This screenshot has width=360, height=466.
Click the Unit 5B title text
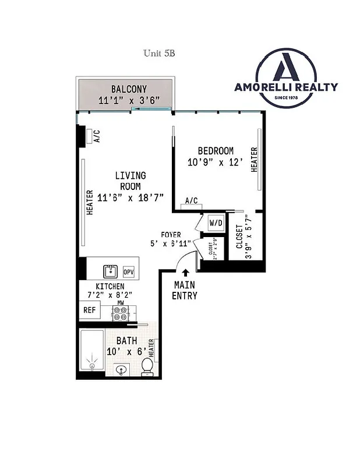click(x=159, y=53)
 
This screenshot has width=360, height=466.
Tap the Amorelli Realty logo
click(x=285, y=78)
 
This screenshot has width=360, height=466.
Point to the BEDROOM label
click(x=215, y=151)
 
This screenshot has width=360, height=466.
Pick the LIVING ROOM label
click(x=130, y=181)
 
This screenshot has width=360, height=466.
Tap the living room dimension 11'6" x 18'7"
click(x=130, y=197)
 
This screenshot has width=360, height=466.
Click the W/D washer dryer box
click(x=216, y=223)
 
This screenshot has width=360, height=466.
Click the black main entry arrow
click(x=186, y=272)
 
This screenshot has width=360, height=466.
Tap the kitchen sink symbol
click(x=110, y=271)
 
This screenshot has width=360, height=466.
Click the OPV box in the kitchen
click(x=129, y=272)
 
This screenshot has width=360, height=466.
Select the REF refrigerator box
click(x=89, y=310)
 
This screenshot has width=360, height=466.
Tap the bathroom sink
click(x=122, y=369)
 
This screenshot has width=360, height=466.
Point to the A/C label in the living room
click(x=97, y=136)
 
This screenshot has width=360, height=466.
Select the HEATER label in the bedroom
click(x=254, y=159)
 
